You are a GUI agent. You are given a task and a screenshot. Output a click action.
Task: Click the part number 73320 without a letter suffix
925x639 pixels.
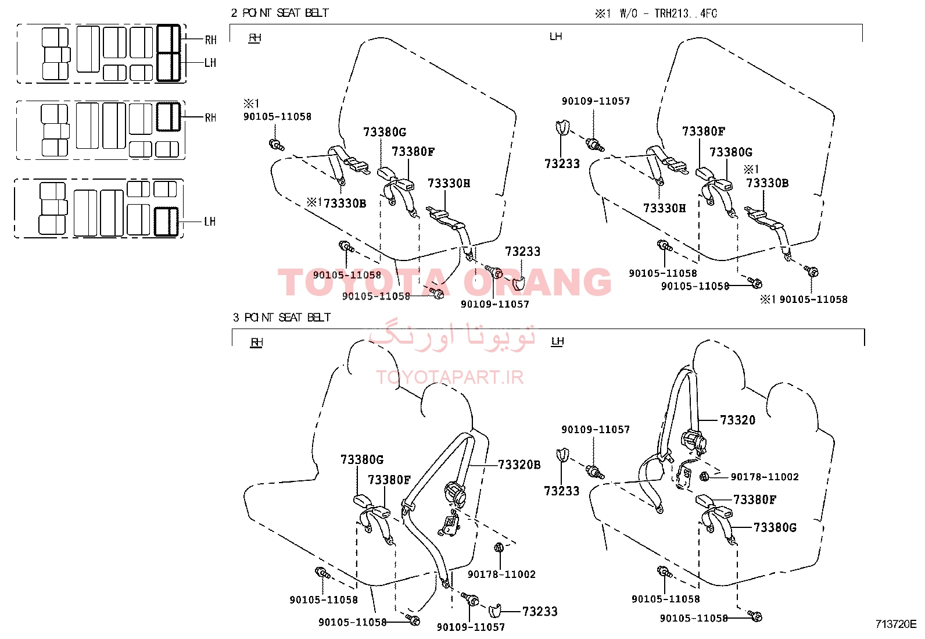pyautogui.click(x=737, y=420)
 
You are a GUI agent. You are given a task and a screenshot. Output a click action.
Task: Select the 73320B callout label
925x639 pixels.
pyautogui.click(x=519, y=465)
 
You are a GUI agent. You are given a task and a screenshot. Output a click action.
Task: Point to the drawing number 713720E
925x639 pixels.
pyautogui.click(x=896, y=624)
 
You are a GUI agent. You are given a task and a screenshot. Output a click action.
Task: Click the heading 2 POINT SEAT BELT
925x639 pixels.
pyautogui.click(x=279, y=13)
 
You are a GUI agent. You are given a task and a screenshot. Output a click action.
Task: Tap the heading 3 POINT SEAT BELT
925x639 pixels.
pyautogui.click(x=282, y=317)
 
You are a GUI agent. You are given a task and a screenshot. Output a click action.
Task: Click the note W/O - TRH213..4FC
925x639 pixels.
pyautogui.click(x=668, y=13)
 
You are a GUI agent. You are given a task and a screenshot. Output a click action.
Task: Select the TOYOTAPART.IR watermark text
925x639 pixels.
pyautogui.click(x=450, y=377)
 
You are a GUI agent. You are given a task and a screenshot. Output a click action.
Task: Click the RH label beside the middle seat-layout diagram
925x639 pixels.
pyautogui.click(x=210, y=117)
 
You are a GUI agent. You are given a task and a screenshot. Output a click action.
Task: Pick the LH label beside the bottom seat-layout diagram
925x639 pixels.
pyautogui.click(x=210, y=222)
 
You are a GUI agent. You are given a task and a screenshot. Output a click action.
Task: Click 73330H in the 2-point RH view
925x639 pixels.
pyautogui.click(x=449, y=183)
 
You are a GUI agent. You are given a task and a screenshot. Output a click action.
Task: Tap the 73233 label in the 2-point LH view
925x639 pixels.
pyautogui.click(x=562, y=164)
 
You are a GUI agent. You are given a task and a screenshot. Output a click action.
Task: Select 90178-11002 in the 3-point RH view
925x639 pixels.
pyautogui.click(x=501, y=574)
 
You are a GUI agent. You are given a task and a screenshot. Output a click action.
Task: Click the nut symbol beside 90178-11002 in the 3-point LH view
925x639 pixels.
pyautogui.click(x=704, y=477)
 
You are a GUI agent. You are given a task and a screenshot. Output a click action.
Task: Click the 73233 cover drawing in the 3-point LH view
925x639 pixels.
pyautogui.click(x=562, y=455)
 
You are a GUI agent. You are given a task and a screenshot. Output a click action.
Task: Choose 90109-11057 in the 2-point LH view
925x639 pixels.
pyautogui.click(x=596, y=101)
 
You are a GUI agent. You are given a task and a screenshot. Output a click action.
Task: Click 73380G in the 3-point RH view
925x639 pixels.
pyautogui.click(x=362, y=459)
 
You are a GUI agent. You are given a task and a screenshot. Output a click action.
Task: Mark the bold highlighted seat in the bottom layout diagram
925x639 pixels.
pyautogui.click(x=166, y=222)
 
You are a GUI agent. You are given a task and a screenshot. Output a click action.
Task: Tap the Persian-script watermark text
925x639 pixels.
pyautogui.click(x=452, y=335)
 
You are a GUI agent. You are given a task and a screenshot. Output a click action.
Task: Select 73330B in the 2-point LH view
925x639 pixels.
pyautogui.click(x=768, y=183)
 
